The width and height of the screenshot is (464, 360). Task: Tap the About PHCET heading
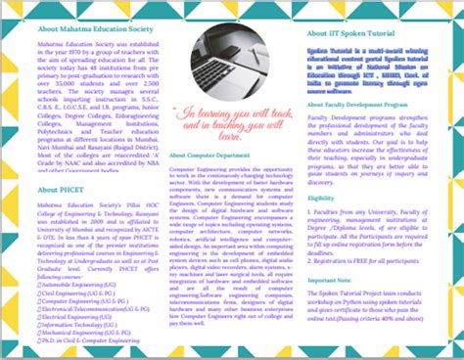coord(61,190)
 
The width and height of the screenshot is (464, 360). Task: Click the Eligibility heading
coord(321,199)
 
